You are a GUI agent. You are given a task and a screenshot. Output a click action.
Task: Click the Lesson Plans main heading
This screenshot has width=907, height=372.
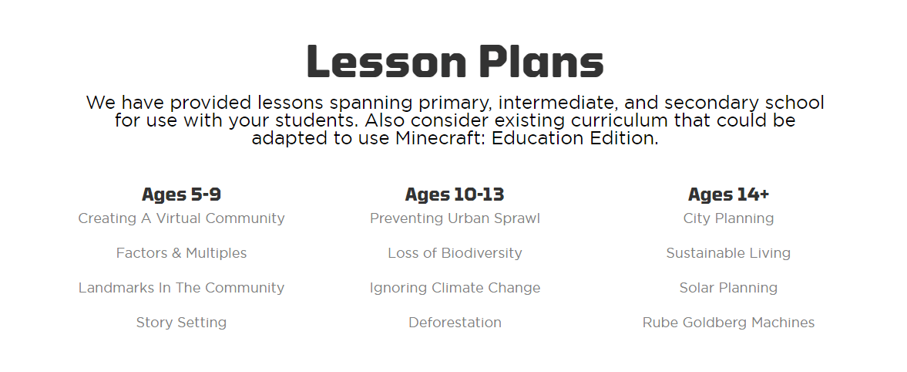(455, 62)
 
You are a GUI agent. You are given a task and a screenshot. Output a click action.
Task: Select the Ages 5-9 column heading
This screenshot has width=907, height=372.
(181, 194)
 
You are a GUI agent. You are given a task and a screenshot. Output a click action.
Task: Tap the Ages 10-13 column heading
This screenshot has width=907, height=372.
(455, 194)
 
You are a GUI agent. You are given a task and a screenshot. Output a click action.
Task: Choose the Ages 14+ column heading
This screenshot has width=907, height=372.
(728, 194)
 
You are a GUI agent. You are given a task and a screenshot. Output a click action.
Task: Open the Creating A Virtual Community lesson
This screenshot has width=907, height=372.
(181, 218)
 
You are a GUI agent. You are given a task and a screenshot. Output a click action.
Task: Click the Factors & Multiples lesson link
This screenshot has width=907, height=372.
(181, 253)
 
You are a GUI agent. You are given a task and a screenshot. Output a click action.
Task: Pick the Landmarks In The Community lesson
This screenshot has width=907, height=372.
(181, 288)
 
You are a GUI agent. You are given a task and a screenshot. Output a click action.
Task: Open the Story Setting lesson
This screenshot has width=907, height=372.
(181, 323)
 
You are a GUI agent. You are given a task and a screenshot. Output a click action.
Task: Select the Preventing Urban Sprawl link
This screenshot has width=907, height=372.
(455, 218)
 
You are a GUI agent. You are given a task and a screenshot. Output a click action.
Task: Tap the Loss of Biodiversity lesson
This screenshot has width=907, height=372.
(455, 253)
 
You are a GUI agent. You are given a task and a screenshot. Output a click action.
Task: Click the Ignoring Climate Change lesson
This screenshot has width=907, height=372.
(455, 288)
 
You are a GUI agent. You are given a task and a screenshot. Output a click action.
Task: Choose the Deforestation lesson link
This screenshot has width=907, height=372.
(455, 323)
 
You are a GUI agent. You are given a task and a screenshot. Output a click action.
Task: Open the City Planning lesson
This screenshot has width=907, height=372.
(728, 218)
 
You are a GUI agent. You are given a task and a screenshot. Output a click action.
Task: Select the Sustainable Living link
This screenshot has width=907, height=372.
(728, 253)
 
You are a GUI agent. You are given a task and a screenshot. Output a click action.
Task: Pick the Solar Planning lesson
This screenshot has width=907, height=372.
(728, 288)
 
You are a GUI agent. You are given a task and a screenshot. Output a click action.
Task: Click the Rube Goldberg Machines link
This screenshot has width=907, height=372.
(728, 323)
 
